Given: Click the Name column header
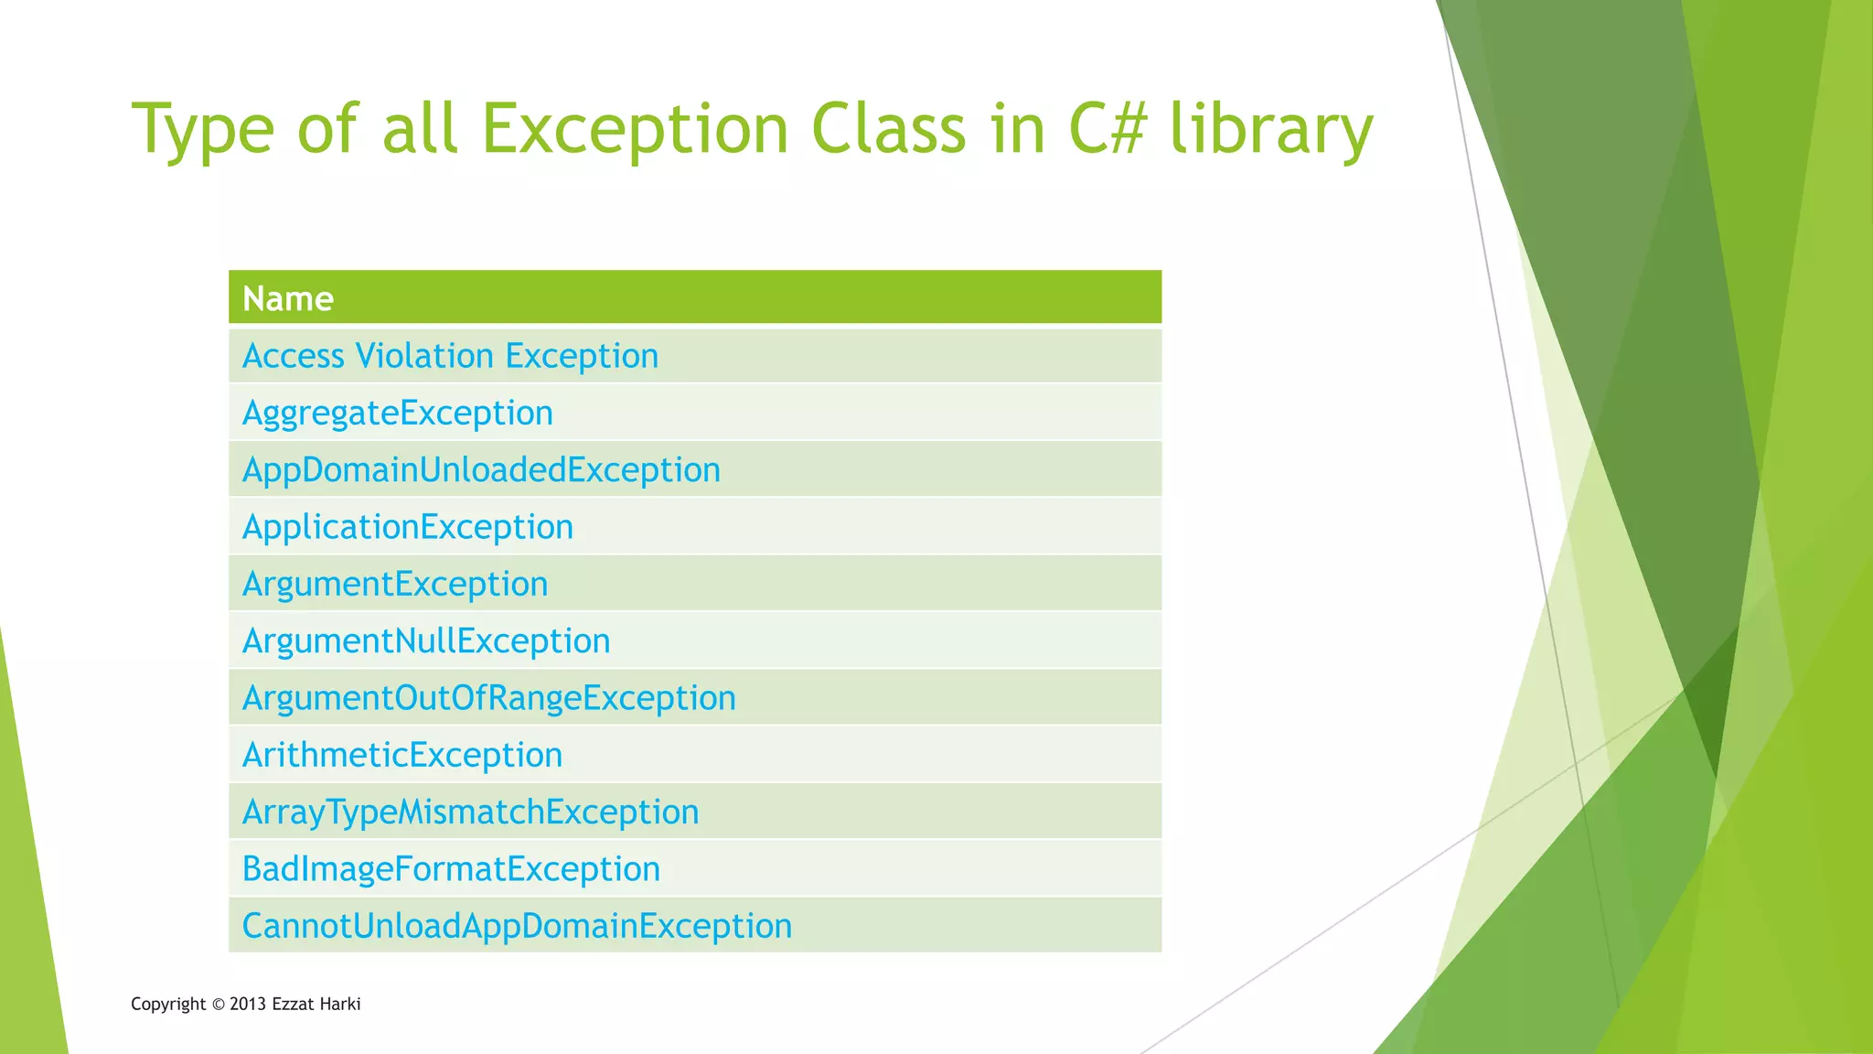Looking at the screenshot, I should pos(288,298).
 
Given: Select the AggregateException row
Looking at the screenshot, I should pos(397,413).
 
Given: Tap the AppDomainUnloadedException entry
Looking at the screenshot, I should pos(481,469).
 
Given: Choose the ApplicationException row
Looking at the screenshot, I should pos(407,527).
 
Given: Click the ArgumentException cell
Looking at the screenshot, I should pos(394,584).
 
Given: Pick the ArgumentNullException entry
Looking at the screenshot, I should pos(425,640).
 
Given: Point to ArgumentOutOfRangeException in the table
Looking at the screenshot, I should pos(488,698).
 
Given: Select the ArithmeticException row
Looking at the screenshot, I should pos(401,755).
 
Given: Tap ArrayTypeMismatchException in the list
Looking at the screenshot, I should pos(470,812).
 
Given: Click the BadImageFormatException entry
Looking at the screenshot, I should pos(451,868).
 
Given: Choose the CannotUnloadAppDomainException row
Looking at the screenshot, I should pos(517,926).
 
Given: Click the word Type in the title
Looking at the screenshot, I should pos(203,130).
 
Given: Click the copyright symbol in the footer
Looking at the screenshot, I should pos(218,1005).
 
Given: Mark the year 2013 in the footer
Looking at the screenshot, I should pos(248,1005).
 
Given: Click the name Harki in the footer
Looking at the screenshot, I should pos(340,1005).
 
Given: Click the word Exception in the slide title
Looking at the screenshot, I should pos(634,130).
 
